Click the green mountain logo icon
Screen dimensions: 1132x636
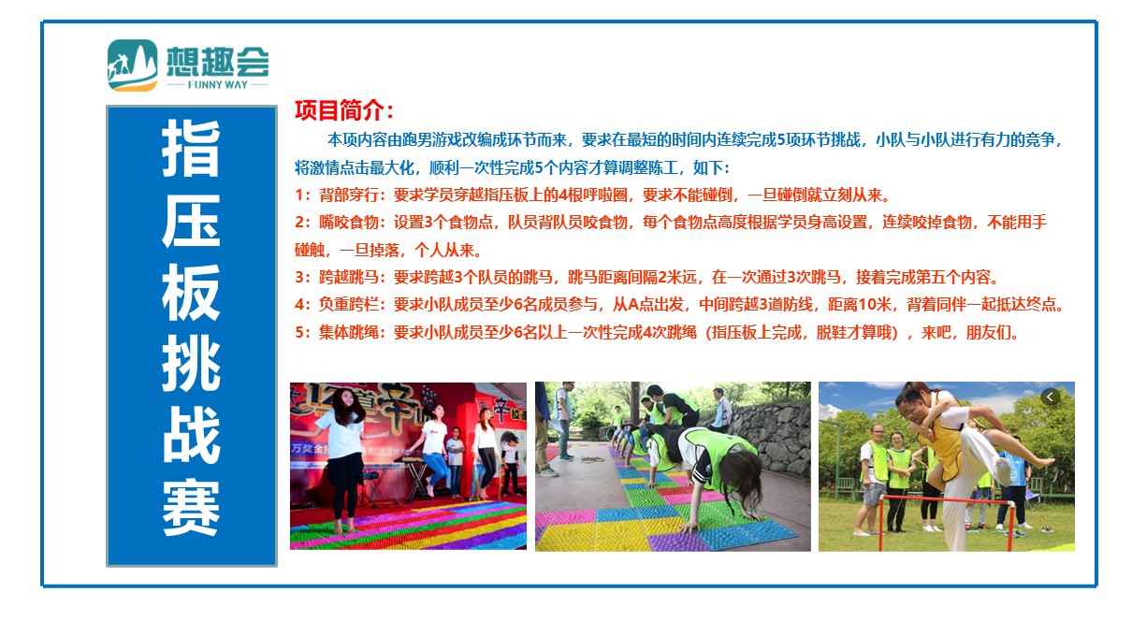[x=133, y=65]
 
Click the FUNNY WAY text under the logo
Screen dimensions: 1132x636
[x=218, y=85]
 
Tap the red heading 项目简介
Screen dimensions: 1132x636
[x=343, y=110]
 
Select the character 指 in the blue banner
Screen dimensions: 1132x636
[x=191, y=149]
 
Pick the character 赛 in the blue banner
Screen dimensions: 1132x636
[x=191, y=507]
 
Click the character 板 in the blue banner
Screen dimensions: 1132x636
[x=191, y=292]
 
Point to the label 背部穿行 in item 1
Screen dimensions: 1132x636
[x=348, y=195]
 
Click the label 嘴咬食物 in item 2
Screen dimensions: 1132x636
[x=348, y=223]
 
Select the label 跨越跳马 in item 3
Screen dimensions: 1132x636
[x=348, y=278]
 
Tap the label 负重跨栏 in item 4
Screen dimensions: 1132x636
[x=348, y=305]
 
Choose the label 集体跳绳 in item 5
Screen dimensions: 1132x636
[x=348, y=332]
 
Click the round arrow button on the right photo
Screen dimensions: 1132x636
[x=1050, y=397]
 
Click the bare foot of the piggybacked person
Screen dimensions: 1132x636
[x=1041, y=461]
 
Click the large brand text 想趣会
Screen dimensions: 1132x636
[x=218, y=62]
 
